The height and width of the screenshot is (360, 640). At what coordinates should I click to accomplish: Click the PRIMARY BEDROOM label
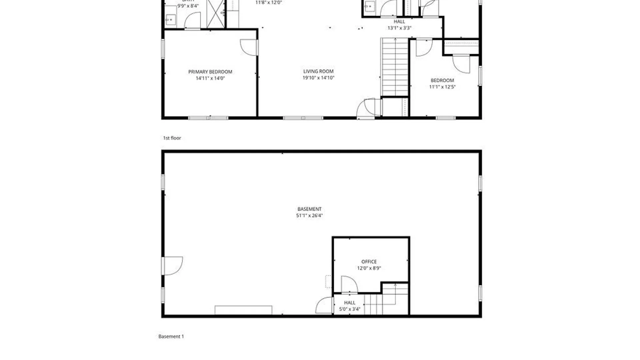coord(210,72)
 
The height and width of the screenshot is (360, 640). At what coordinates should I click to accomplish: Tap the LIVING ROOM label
coord(318,71)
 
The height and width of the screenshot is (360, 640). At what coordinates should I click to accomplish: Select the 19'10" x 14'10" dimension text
coord(318,78)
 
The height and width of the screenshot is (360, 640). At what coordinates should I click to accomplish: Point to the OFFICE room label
coord(369,262)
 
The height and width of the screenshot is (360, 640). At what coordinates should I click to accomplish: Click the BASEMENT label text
coord(309,209)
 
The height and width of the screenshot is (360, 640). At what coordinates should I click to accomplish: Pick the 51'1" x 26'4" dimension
coord(309,215)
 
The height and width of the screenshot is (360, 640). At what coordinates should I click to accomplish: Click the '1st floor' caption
coord(172,138)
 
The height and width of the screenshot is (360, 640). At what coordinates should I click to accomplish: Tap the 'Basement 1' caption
coord(171,336)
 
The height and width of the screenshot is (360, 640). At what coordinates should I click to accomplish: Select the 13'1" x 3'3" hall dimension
coord(399,28)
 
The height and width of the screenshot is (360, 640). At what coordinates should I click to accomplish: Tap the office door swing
coord(349,285)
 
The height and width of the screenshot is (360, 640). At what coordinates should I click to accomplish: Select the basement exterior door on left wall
coord(172,265)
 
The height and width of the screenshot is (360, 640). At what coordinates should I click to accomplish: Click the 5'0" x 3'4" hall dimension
coord(349,309)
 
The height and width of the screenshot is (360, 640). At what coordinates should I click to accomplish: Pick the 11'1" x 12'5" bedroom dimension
coord(442,87)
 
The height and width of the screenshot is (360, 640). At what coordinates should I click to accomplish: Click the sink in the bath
coord(170,20)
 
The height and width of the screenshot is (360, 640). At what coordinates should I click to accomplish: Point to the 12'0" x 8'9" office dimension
coord(369,268)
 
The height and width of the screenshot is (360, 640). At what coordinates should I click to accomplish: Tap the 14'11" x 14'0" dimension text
coord(210,78)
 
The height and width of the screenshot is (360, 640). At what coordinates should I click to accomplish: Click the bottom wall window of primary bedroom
coord(208,118)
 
